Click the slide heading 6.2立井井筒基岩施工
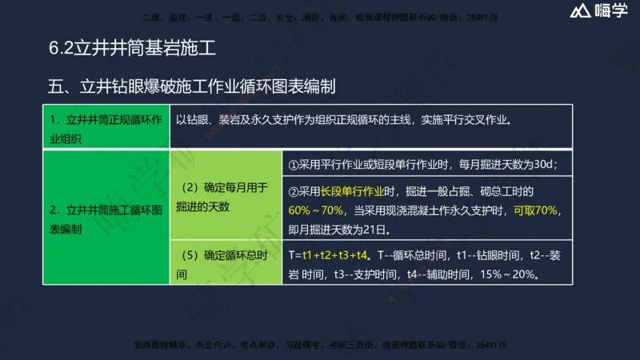click(x=132, y=49)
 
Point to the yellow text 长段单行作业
click(x=352, y=192)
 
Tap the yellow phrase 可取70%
click(x=536, y=210)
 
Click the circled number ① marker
click(x=294, y=165)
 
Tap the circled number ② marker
click(x=294, y=192)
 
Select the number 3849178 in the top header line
click(x=480, y=17)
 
